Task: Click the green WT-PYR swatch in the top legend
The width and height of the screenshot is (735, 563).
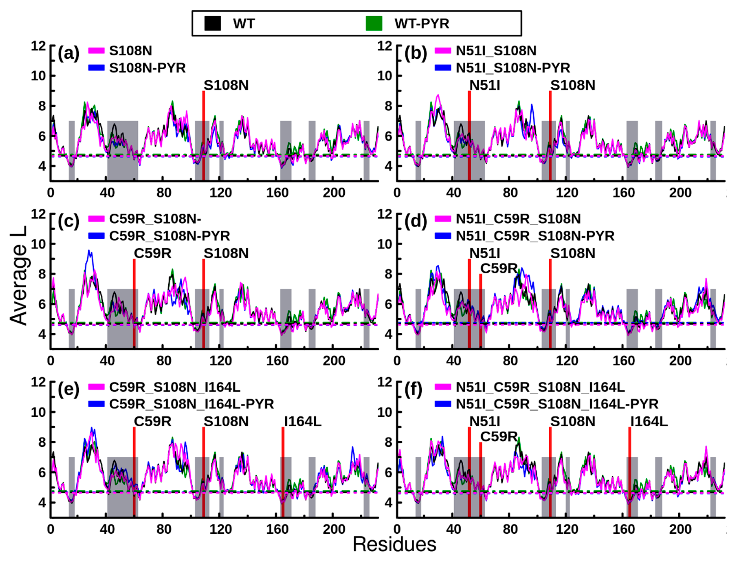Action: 374,23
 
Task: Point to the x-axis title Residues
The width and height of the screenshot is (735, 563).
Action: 394,544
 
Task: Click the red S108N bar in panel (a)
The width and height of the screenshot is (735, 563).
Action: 204,136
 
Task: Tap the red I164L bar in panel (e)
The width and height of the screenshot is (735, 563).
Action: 283,473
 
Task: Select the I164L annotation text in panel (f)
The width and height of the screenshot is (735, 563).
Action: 649,421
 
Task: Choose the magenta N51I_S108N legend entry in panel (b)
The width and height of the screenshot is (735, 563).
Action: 495,51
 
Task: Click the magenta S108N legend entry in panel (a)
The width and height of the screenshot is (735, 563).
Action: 130,51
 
